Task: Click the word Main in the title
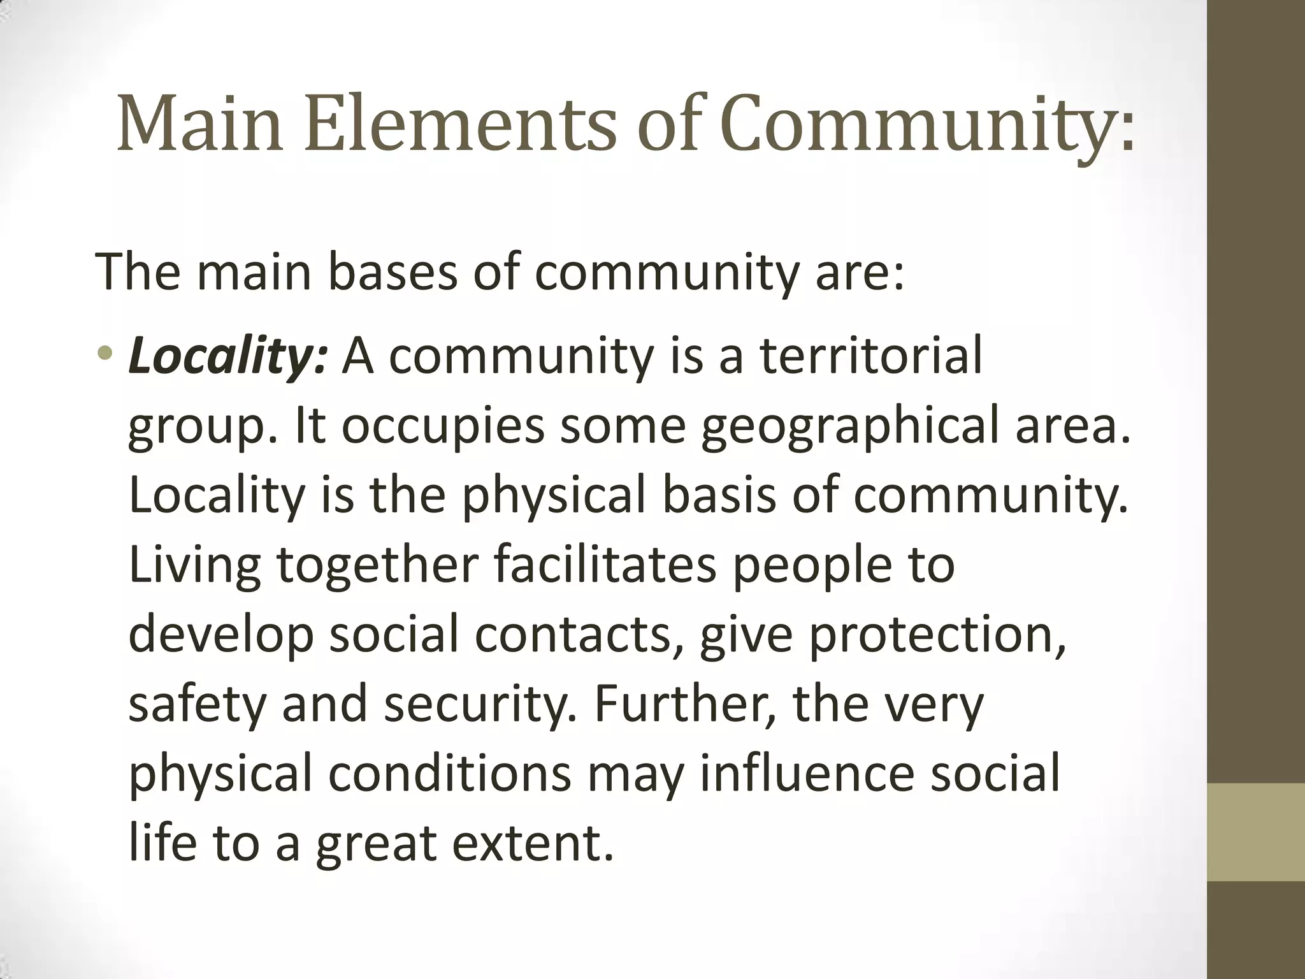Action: coord(199,124)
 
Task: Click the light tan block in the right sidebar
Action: coord(1256,832)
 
